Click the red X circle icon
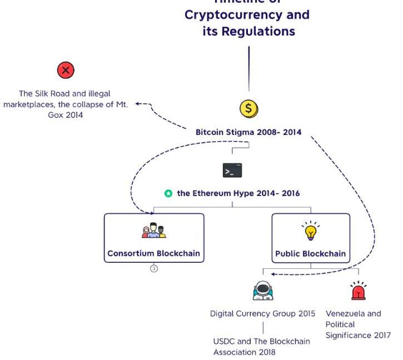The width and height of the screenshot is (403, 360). click(x=66, y=71)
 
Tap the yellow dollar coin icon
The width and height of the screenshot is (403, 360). click(x=248, y=109)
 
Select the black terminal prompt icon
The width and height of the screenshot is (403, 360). click(x=232, y=171)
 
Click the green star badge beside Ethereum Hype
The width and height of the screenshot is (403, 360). click(x=168, y=194)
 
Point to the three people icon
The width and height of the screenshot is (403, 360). click(x=154, y=230)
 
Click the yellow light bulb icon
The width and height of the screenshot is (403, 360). click(x=311, y=231)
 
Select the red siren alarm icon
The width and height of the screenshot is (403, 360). click(x=359, y=291)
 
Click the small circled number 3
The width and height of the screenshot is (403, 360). click(x=154, y=268)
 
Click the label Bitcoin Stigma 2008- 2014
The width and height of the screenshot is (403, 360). click(x=248, y=132)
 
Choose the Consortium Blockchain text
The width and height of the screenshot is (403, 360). click(x=154, y=253)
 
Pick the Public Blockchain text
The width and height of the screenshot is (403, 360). click(x=311, y=254)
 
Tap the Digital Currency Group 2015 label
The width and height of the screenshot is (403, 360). click(x=263, y=313)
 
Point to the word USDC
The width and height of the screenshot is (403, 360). click(x=223, y=341)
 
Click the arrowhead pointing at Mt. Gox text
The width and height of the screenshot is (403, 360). click(x=137, y=103)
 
